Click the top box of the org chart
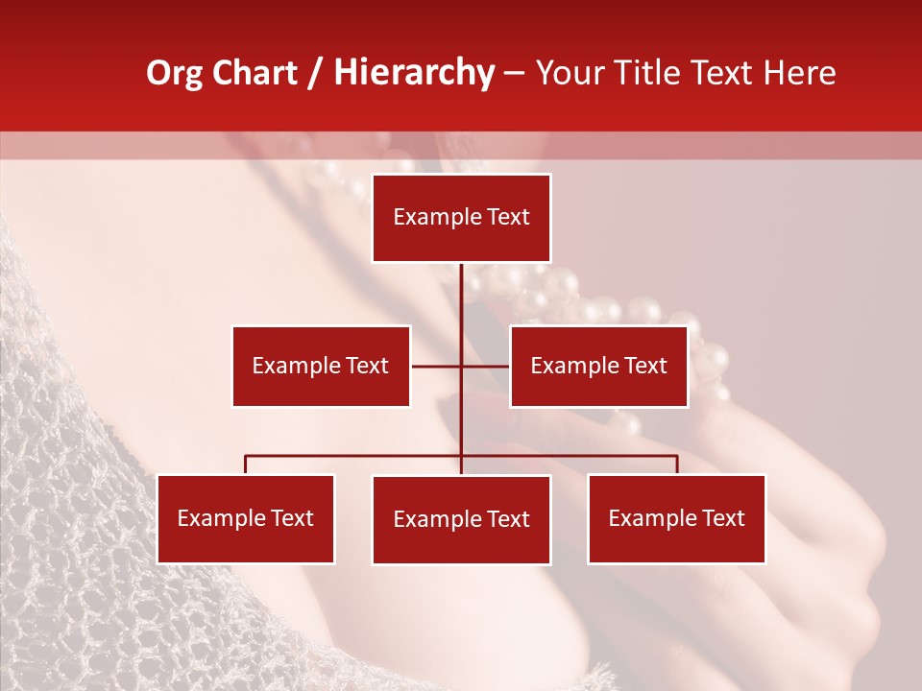[461, 218]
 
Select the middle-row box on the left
[321, 366]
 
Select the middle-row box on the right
[598, 366]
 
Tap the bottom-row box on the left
[246, 518]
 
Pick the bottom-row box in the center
[461, 519]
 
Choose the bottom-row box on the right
[676, 518]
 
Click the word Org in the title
[174, 73]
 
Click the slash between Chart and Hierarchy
[314, 73]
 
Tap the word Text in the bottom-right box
[723, 518]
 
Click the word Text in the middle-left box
[368, 366]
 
